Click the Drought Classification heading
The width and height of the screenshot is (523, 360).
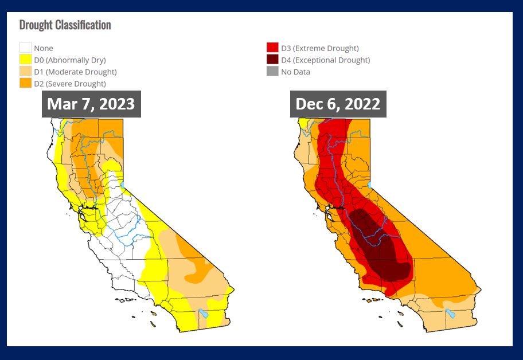click(65, 25)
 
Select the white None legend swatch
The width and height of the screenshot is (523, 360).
click(25, 48)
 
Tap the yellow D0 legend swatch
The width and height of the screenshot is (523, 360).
click(25, 60)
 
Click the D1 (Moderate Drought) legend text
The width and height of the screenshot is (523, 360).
click(75, 72)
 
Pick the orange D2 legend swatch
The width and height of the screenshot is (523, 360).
click(25, 84)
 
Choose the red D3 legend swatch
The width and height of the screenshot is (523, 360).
click(272, 48)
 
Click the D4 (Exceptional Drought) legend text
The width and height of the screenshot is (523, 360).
click(325, 60)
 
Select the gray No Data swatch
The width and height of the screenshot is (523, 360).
click(272, 72)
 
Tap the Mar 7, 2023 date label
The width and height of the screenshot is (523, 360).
click(91, 104)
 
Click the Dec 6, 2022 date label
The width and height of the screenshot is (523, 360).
click(338, 104)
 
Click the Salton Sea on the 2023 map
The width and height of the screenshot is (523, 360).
click(203, 314)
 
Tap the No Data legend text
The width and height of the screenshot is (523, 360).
click(295, 72)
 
